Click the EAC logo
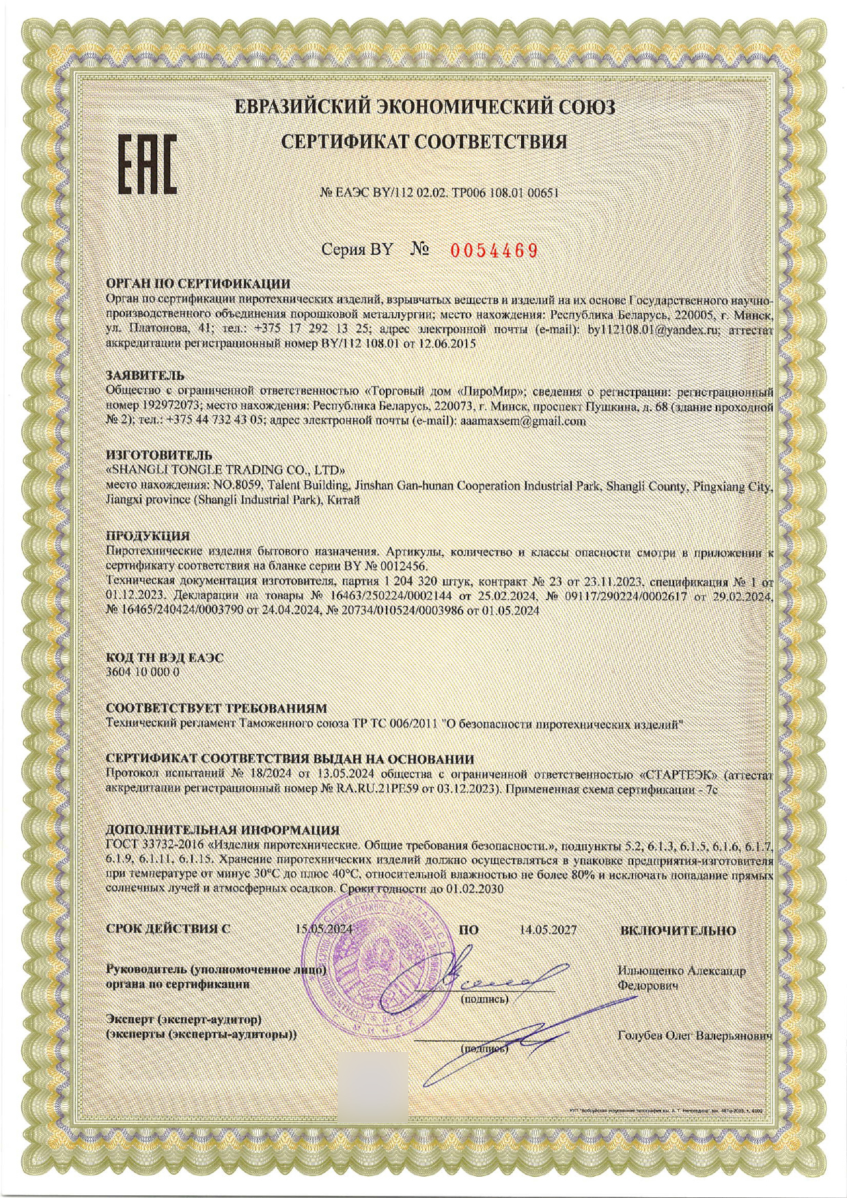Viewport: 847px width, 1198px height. click(x=148, y=163)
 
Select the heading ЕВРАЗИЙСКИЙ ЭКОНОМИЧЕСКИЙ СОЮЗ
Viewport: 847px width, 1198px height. click(x=424, y=108)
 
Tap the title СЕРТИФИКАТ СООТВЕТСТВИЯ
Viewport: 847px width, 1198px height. click(x=424, y=142)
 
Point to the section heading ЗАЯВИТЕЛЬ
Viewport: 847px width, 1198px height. click(x=145, y=376)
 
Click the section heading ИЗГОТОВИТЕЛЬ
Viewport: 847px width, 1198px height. click(x=159, y=455)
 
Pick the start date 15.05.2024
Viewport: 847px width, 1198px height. click(x=324, y=930)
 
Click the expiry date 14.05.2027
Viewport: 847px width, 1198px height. click(x=548, y=930)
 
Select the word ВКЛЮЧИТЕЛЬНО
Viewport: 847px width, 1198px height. click(x=678, y=930)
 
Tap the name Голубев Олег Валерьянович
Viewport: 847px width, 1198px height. click(x=694, y=1036)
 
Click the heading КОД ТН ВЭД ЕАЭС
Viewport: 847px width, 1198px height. click(x=165, y=658)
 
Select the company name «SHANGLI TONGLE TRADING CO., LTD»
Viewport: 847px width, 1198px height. click(x=226, y=470)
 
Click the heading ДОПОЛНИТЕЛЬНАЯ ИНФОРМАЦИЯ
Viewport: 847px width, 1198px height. click(x=223, y=831)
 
